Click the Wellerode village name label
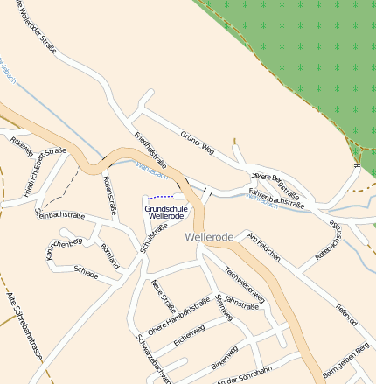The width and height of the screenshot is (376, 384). click(x=209, y=237)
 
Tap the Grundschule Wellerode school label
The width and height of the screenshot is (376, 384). click(x=166, y=212)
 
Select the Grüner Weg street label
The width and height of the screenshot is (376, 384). click(x=197, y=143)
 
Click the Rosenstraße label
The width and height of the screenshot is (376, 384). click(x=109, y=194)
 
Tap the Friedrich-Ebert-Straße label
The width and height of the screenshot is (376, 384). click(x=45, y=171)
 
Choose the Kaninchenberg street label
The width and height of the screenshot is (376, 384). click(x=64, y=243)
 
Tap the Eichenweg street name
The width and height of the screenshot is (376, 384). click(x=189, y=337)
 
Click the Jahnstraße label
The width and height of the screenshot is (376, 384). click(x=242, y=304)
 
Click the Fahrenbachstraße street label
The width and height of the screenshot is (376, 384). click(x=276, y=198)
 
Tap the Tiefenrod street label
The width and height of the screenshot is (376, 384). click(x=346, y=314)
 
